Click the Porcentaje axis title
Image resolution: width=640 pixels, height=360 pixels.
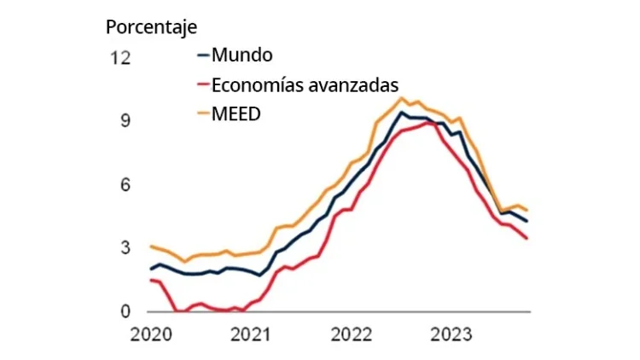click(151, 26)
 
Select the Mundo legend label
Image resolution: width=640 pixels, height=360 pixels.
click(242, 56)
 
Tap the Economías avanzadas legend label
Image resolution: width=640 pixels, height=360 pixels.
click(305, 84)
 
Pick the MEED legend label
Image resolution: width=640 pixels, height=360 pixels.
click(236, 113)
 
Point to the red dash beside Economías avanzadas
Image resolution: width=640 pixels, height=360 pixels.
click(203, 85)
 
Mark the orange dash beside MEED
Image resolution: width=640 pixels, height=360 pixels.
click(203, 113)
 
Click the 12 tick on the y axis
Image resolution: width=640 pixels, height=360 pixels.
click(121, 58)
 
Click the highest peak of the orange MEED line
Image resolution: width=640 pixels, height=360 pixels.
click(401, 97)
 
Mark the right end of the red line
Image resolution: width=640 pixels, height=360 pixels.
click(527, 238)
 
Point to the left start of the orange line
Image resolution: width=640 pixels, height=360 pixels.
click(151, 247)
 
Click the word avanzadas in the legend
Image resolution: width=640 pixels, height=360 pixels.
click(358, 84)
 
